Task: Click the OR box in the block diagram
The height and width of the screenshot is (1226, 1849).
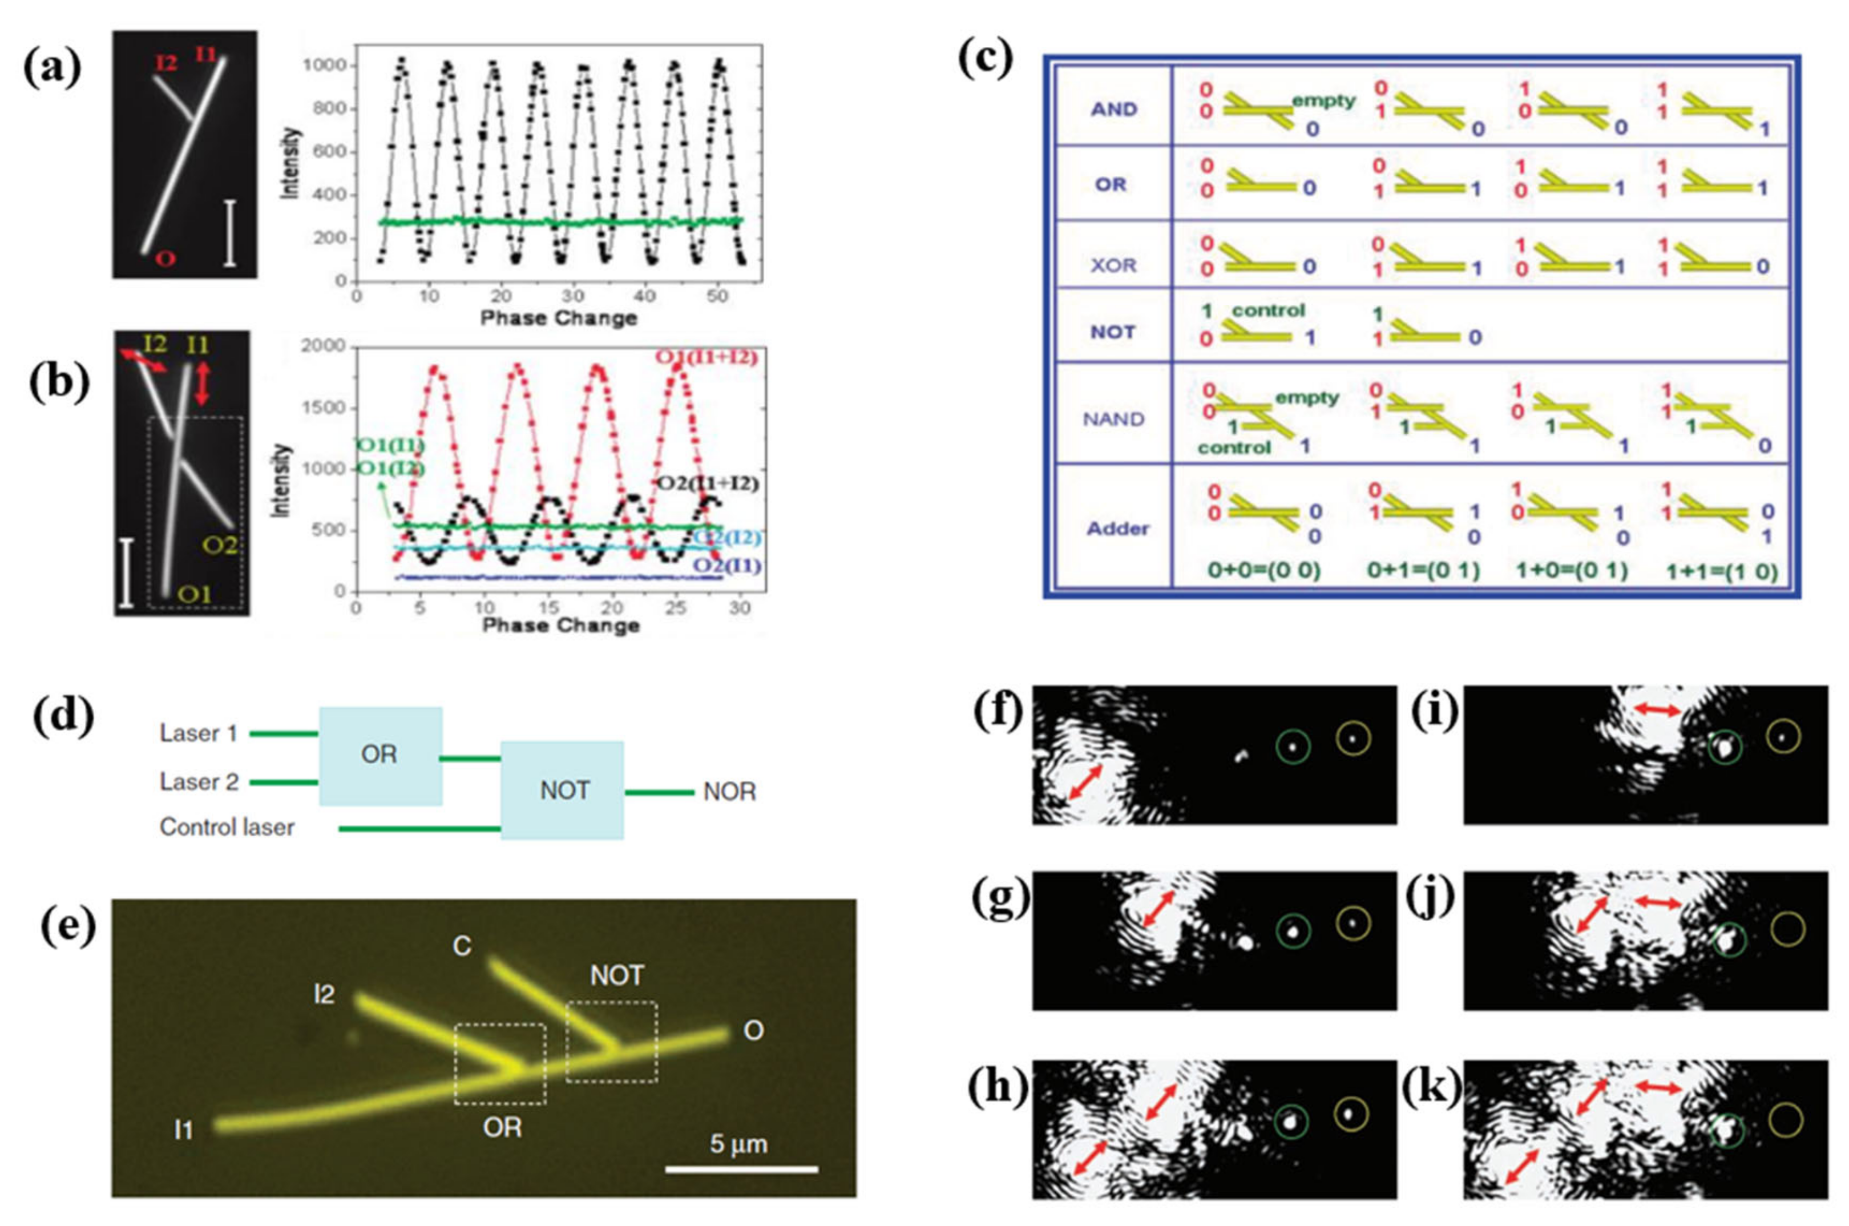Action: pyautogui.click(x=380, y=755)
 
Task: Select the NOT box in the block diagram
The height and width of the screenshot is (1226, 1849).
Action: pyautogui.click(x=562, y=791)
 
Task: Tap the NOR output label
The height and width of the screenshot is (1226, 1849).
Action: pyautogui.click(x=729, y=792)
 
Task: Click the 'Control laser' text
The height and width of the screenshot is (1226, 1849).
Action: pyautogui.click(x=227, y=827)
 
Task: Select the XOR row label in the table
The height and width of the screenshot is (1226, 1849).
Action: pyautogui.click(x=1113, y=265)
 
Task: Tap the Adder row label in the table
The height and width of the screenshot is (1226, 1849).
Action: pyautogui.click(x=1118, y=529)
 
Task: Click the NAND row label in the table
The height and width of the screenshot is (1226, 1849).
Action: pyautogui.click(x=1113, y=419)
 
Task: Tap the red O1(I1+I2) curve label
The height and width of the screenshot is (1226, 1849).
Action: pyautogui.click(x=706, y=357)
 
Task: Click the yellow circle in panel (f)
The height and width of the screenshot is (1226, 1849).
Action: pyautogui.click(x=1353, y=737)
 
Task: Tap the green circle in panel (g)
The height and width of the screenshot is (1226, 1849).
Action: pyautogui.click(x=1293, y=930)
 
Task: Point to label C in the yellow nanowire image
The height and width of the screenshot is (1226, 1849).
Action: pyautogui.click(x=462, y=947)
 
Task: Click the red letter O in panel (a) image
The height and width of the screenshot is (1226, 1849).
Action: pyautogui.click(x=164, y=257)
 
